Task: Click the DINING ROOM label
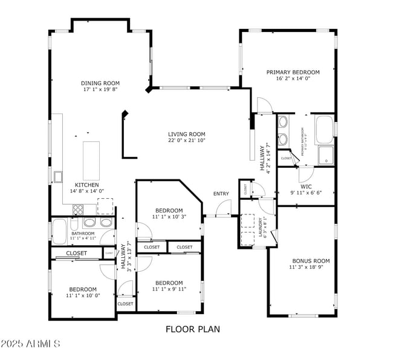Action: click(x=100, y=83)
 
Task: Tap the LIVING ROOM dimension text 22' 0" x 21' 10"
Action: click(x=186, y=141)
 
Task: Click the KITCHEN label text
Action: click(x=86, y=185)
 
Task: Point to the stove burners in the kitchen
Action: click(x=79, y=210)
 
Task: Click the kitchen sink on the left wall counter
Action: click(x=58, y=177)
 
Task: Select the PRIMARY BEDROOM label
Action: click(x=293, y=72)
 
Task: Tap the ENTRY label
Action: click(x=221, y=194)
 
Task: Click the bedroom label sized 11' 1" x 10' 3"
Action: click(x=169, y=210)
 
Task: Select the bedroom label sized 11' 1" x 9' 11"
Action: click(x=169, y=283)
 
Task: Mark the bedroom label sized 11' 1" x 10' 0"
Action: click(x=82, y=289)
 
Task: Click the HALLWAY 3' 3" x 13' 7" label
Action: click(x=122, y=256)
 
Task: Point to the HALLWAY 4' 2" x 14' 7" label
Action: click(x=263, y=158)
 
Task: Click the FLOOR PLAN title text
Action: click(x=192, y=329)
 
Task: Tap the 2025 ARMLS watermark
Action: click(x=30, y=344)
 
